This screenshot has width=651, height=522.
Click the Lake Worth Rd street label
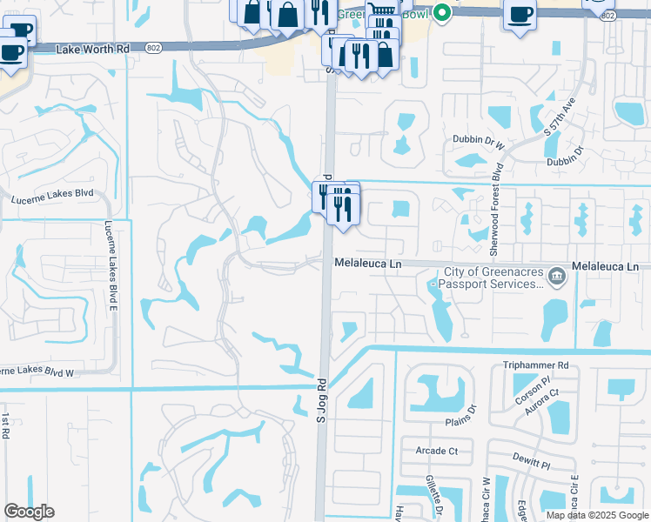[x=91, y=50]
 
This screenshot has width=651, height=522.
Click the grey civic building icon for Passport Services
[x=557, y=278]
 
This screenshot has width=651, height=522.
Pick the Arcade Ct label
[x=437, y=451]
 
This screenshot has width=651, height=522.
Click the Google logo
[x=29, y=512]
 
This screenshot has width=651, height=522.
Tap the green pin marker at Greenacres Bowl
[x=442, y=12]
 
